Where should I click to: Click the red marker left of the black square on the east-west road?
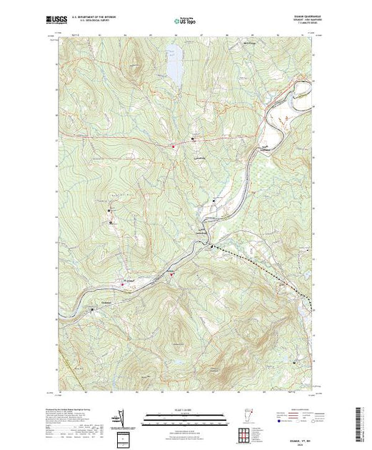coord(171,147)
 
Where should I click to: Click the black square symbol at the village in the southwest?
coord(93,309)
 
